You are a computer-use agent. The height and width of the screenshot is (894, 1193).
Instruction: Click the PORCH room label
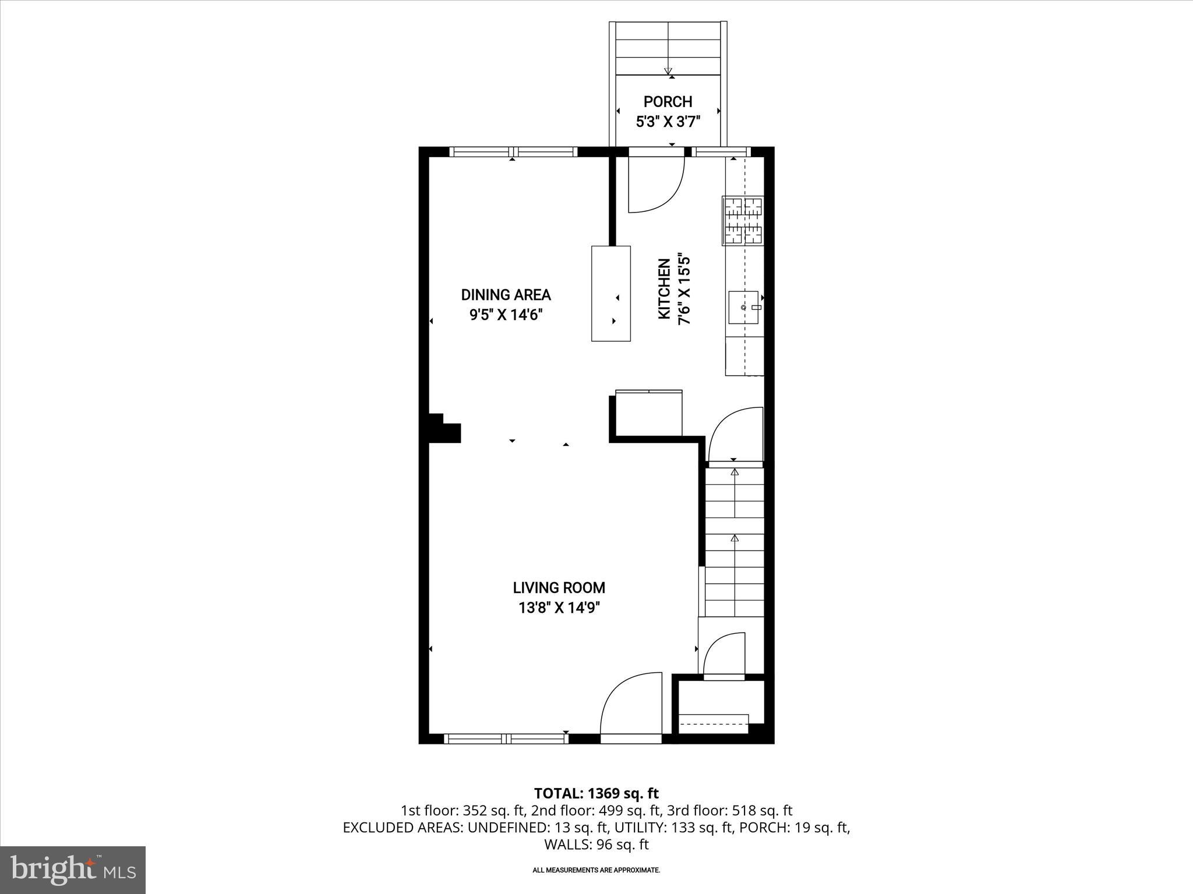pos(668,102)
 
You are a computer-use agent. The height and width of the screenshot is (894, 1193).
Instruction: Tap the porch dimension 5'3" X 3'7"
pos(668,122)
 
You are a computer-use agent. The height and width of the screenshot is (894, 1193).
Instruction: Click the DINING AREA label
pos(506,295)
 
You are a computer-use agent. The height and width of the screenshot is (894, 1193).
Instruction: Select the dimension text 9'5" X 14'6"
pos(506,315)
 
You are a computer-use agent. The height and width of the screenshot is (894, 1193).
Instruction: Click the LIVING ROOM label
pos(559,588)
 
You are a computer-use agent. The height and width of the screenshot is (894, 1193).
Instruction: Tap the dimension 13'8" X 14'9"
pos(559,608)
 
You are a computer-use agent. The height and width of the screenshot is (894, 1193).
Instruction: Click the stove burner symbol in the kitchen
pos(743,221)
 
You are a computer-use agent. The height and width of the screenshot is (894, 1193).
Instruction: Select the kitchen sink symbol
pos(744,307)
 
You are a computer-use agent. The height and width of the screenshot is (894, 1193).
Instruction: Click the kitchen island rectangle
pos(610,293)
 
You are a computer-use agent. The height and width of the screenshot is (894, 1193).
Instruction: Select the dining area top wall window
pos(513,152)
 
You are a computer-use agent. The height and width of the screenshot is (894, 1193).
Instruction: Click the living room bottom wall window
pos(506,739)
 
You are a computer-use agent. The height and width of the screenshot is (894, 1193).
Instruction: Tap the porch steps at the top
pos(668,49)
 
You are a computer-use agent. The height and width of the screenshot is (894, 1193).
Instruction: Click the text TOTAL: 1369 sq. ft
pos(596,793)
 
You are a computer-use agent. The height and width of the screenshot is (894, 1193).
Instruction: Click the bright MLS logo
pos(73,870)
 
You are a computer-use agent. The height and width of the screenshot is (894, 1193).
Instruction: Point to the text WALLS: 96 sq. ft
pos(596,844)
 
